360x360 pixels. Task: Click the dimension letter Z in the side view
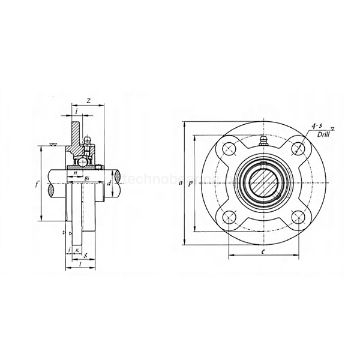click(88, 101)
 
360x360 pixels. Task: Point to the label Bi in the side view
click(88, 178)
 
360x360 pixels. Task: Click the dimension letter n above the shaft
click(75, 173)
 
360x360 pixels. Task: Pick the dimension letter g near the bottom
click(86, 256)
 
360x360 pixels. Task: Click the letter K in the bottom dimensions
click(77, 250)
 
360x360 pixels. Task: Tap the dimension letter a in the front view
click(181, 184)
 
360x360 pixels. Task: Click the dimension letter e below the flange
click(264, 253)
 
